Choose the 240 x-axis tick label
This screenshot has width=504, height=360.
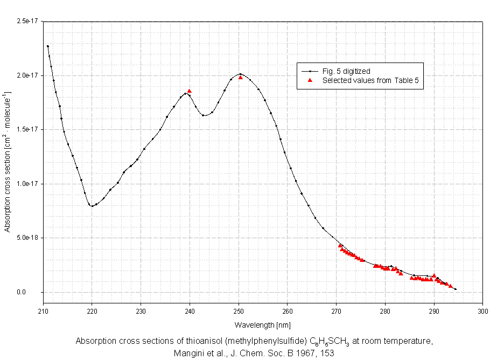[x=190, y=311]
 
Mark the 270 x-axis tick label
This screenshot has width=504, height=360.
[x=337, y=311]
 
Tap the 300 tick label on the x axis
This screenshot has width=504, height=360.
[x=483, y=311]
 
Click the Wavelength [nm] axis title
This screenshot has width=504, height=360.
[x=262, y=325]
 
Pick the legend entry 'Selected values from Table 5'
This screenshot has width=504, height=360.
[x=370, y=80]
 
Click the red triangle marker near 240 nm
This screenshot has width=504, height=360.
[x=190, y=91]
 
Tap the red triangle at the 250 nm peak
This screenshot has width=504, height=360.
[x=241, y=78]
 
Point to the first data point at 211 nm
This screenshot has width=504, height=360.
[x=47, y=46]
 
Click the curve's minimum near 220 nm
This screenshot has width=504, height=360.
[x=92, y=206]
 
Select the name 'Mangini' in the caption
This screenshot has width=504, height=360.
[x=187, y=354]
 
